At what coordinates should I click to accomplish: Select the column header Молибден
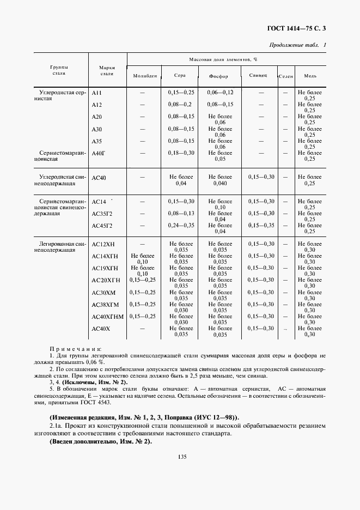coord(145,76)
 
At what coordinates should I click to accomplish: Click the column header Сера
coord(180,76)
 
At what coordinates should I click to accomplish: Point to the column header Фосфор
coord(219,76)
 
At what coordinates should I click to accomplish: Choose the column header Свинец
coord(258,76)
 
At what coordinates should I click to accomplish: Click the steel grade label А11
coord(97,93)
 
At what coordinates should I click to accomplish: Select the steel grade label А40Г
coord(98,154)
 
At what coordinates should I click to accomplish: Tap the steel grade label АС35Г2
coord(102,214)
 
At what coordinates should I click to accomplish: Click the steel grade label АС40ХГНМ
coord(108,317)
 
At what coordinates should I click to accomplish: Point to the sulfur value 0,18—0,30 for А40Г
coord(181,153)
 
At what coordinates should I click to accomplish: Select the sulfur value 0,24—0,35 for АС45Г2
coord(181,225)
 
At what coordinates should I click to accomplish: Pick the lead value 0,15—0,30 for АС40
coord(261,177)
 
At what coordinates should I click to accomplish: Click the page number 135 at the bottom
coord(182,457)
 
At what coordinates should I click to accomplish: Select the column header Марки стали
coord(107,70)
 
